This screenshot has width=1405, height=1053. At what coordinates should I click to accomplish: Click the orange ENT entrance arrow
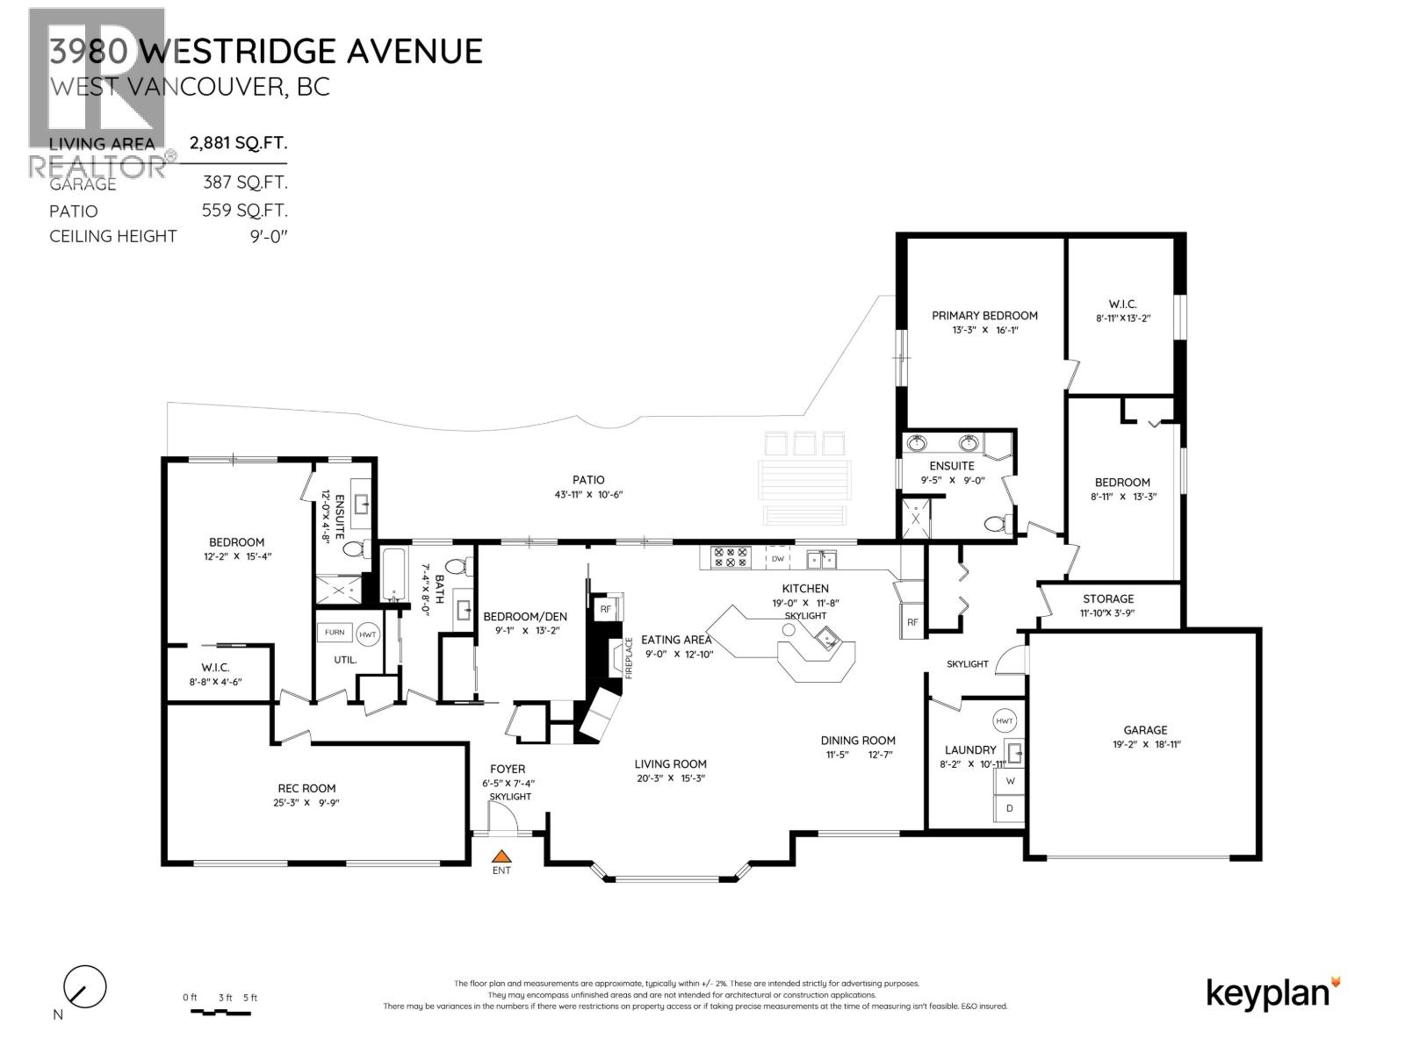[x=501, y=856]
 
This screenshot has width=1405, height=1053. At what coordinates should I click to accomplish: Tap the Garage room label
[x=1145, y=730]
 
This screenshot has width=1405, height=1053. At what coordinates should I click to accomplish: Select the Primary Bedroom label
[x=984, y=316]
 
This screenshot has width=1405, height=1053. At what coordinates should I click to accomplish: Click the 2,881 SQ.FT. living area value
[x=239, y=143]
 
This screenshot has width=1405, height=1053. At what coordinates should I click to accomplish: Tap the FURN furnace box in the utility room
[x=335, y=633]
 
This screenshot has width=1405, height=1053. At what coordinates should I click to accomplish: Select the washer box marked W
[x=1010, y=781]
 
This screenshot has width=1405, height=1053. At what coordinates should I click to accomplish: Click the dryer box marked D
[x=1010, y=808]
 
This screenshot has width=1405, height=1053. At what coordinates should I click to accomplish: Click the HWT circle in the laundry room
[x=1005, y=721]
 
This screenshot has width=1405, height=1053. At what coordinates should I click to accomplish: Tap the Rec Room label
[x=306, y=788]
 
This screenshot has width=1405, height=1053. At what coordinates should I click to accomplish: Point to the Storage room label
[x=1108, y=598]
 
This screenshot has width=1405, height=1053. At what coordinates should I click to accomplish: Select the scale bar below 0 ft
[x=220, y=1013]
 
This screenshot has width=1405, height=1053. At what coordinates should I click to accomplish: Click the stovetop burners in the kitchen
[x=731, y=557]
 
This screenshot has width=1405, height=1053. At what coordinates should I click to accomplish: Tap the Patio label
[x=588, y=480]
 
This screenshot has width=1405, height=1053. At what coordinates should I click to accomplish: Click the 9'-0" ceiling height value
[x=269, y=236]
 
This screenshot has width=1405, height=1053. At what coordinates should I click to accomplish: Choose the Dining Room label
[x=858, y=741]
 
